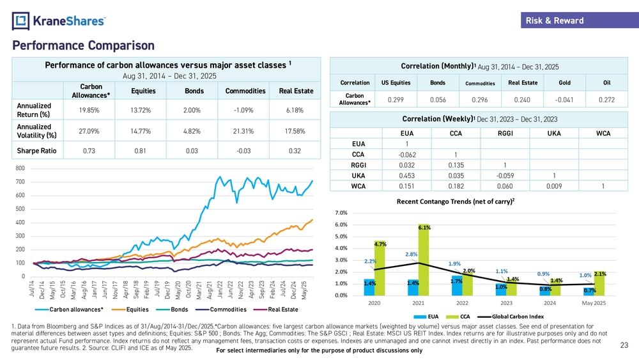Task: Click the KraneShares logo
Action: (59, 20)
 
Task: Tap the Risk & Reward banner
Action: (554, 20)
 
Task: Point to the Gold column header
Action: (565, 82)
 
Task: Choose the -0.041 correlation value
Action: (565, 100)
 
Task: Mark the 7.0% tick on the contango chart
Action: (341, 212)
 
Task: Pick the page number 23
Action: (624, 346)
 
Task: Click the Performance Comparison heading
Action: (83, 45)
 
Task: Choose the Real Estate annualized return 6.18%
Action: (295, 110)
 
